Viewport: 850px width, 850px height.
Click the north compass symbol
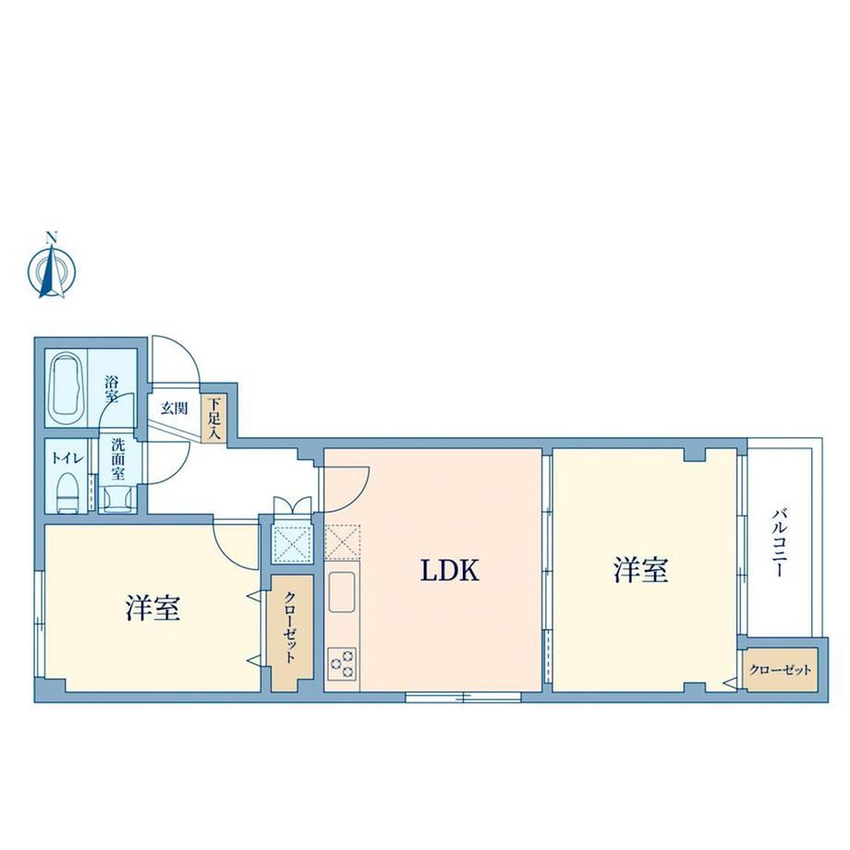point(52,267)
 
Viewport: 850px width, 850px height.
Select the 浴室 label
point(112,389)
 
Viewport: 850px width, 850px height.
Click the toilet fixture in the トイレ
point(67,492)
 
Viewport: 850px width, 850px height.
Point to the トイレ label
point(67,458)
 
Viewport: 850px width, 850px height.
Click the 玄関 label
point(174,408)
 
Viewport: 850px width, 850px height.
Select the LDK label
point(450,571)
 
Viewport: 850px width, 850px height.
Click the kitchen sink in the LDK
point(343,591)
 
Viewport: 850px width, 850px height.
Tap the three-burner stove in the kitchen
point(342,663)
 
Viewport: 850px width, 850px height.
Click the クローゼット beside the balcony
point(781,670)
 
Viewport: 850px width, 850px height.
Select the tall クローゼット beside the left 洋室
point(291,632)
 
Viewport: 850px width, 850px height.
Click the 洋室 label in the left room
point(152,608)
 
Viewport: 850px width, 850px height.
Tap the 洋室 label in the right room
point(641,570)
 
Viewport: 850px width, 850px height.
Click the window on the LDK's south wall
point(464,697)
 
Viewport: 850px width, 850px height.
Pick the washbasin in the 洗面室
point(117,498)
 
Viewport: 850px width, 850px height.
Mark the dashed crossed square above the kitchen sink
point(343,541)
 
